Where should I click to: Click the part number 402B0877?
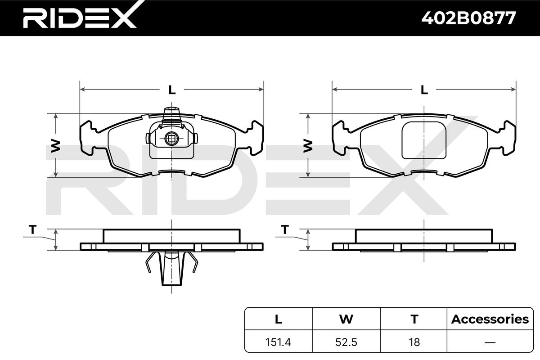(468, 18)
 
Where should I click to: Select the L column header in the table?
(278, 319)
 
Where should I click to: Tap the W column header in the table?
(346, 319)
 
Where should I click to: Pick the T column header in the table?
(414, 319)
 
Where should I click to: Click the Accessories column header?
(490, 319)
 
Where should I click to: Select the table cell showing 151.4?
(278, 342)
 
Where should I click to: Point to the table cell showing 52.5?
(346, 342)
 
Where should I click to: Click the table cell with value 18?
(414, 342)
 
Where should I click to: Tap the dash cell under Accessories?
(490, 342)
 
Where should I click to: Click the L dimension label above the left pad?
(171, 90)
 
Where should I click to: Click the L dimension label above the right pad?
(424, 90)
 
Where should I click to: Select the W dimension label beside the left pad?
(55, 145)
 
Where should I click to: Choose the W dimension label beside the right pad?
(308, 145)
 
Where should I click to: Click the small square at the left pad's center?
(171, 138)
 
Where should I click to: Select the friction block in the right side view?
(424, 236)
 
